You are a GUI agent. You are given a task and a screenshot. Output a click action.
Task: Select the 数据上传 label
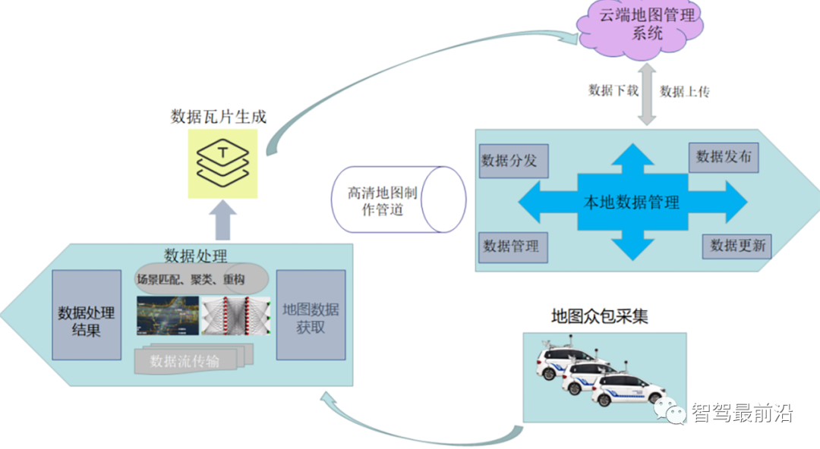point(685,91)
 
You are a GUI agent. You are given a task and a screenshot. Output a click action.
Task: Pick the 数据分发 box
point(509,162)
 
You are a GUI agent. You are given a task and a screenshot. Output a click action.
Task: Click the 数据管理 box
point(511,246)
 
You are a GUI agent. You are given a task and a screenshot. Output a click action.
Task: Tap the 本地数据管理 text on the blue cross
point(631,203)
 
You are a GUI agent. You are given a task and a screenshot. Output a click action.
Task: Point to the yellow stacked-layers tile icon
point(222,164)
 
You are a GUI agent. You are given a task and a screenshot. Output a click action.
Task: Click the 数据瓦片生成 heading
point(219,116)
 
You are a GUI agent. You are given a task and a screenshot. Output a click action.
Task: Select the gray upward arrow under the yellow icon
point(222,220)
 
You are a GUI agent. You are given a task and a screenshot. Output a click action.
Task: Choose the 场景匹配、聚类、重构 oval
point(202,280)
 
